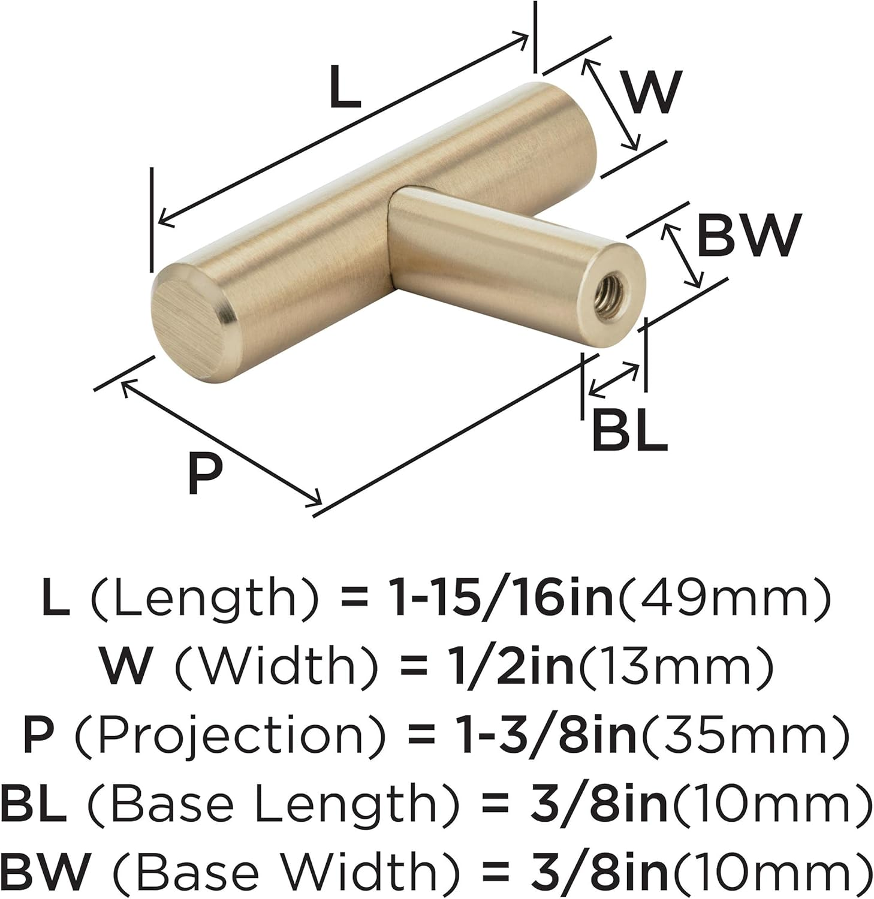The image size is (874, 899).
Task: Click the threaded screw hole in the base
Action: pos(613,285)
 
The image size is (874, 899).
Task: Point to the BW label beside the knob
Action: pos(749,236)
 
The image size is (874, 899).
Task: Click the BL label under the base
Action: pos(629,431)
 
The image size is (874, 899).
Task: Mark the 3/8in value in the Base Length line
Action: pos(598,803)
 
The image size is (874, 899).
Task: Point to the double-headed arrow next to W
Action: pos(611,104)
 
